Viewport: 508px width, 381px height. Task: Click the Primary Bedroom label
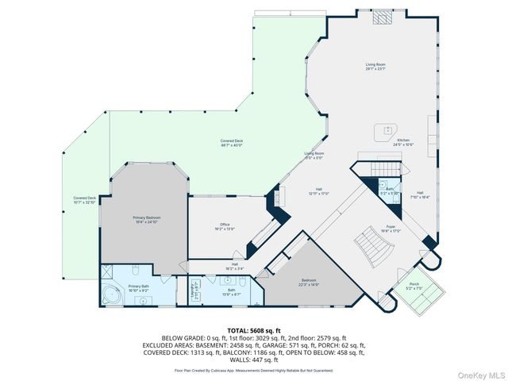147,218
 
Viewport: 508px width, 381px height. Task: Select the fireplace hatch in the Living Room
383,16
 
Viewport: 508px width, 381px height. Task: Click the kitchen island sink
387,129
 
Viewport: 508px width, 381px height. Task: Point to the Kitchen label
403,141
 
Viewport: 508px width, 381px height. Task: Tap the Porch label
414,285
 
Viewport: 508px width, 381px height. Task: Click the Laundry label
193,291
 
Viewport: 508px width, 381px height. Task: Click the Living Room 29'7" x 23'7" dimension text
375,69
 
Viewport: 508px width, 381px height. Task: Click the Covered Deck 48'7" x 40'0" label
232,143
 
